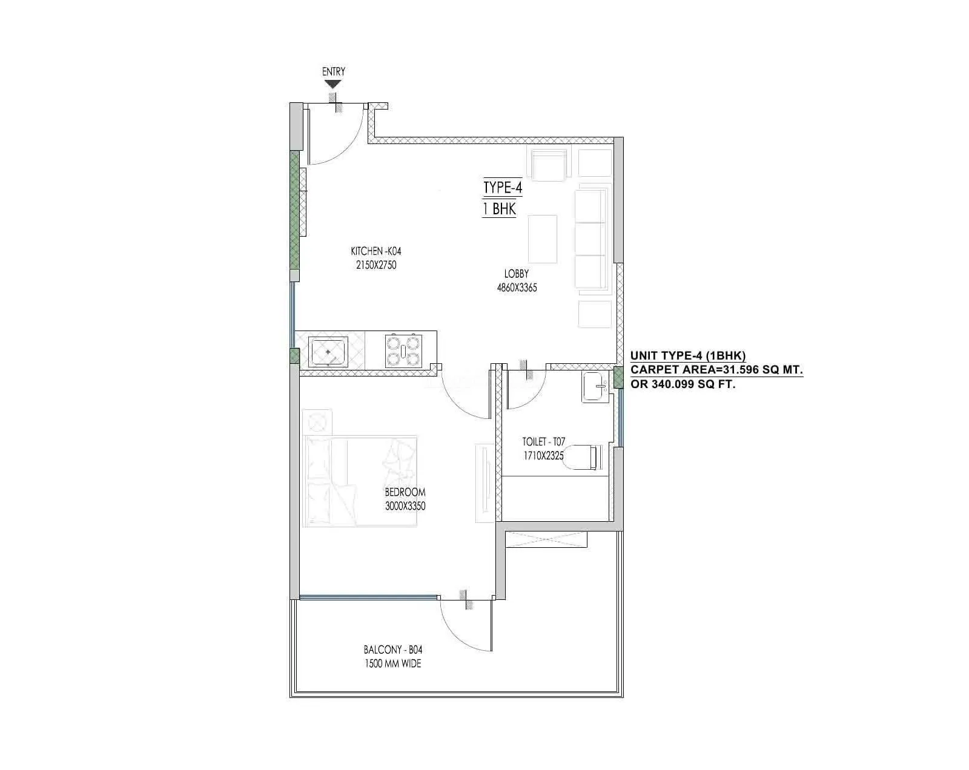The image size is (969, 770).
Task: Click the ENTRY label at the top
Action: point(334,71)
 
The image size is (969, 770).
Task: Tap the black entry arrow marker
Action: point(334,85)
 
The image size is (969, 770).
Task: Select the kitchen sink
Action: point(328,352)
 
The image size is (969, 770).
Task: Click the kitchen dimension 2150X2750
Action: point(376,265)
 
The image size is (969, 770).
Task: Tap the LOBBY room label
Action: point(517,274)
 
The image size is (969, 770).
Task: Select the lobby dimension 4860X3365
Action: point(517,288)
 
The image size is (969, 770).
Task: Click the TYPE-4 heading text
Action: point(502,188)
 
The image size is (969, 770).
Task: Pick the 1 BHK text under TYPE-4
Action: point(499,209)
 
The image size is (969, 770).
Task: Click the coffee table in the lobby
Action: point(543,239)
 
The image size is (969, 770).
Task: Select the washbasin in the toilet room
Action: point(594,387)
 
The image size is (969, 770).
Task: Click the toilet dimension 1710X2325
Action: point(544,456)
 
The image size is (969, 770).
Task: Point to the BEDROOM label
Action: point(405,492)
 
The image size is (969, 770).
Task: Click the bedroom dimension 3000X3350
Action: point(405,506)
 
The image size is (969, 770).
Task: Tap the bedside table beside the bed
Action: point(317,421)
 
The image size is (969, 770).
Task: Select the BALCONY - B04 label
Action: point(393,650)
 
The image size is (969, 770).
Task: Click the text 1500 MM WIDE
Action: point(393,663)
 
